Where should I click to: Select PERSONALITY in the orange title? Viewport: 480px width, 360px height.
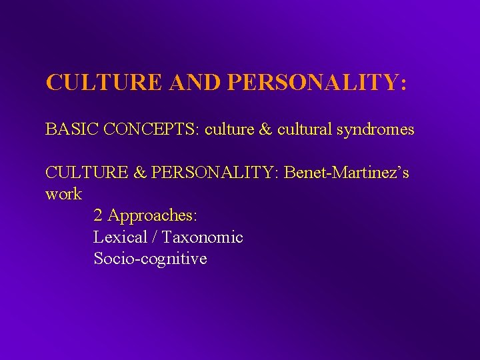pyautogui.click(x=316, y=82)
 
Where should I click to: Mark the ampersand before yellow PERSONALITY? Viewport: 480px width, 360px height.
pyautogui.click(x=140, y=173)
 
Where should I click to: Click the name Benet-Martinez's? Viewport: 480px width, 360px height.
pyautogui.click(x=347, y=173)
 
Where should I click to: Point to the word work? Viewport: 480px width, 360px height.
pyautogui.click(x=63, y=194)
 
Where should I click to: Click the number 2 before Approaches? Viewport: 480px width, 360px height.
pyautogui.click(x=98, y=215)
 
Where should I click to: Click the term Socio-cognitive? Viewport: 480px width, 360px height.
pyautogui.click(x=150, y=258)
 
